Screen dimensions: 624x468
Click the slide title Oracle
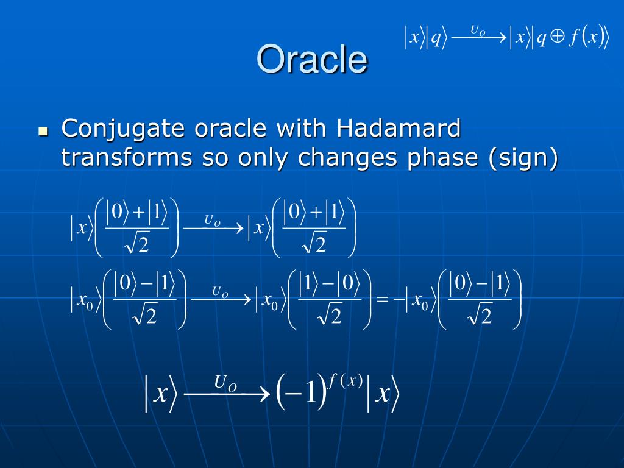pos(313,59)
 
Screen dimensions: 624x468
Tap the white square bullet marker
pos(43,131)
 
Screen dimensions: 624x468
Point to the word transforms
pos(127,157)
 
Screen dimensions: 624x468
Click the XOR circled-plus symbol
pos(557,37)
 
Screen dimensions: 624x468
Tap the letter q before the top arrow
pos(436,38)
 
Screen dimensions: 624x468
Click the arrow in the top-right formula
pos(479,38)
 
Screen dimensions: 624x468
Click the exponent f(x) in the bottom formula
pos(345,381)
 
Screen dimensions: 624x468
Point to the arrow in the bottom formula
pos(227,394)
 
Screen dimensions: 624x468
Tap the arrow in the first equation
pos(213,228)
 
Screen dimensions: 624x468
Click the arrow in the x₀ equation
pos(221,299)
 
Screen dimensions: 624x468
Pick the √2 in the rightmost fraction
pos(480,315)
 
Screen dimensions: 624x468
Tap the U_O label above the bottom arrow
pos(225,383)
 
